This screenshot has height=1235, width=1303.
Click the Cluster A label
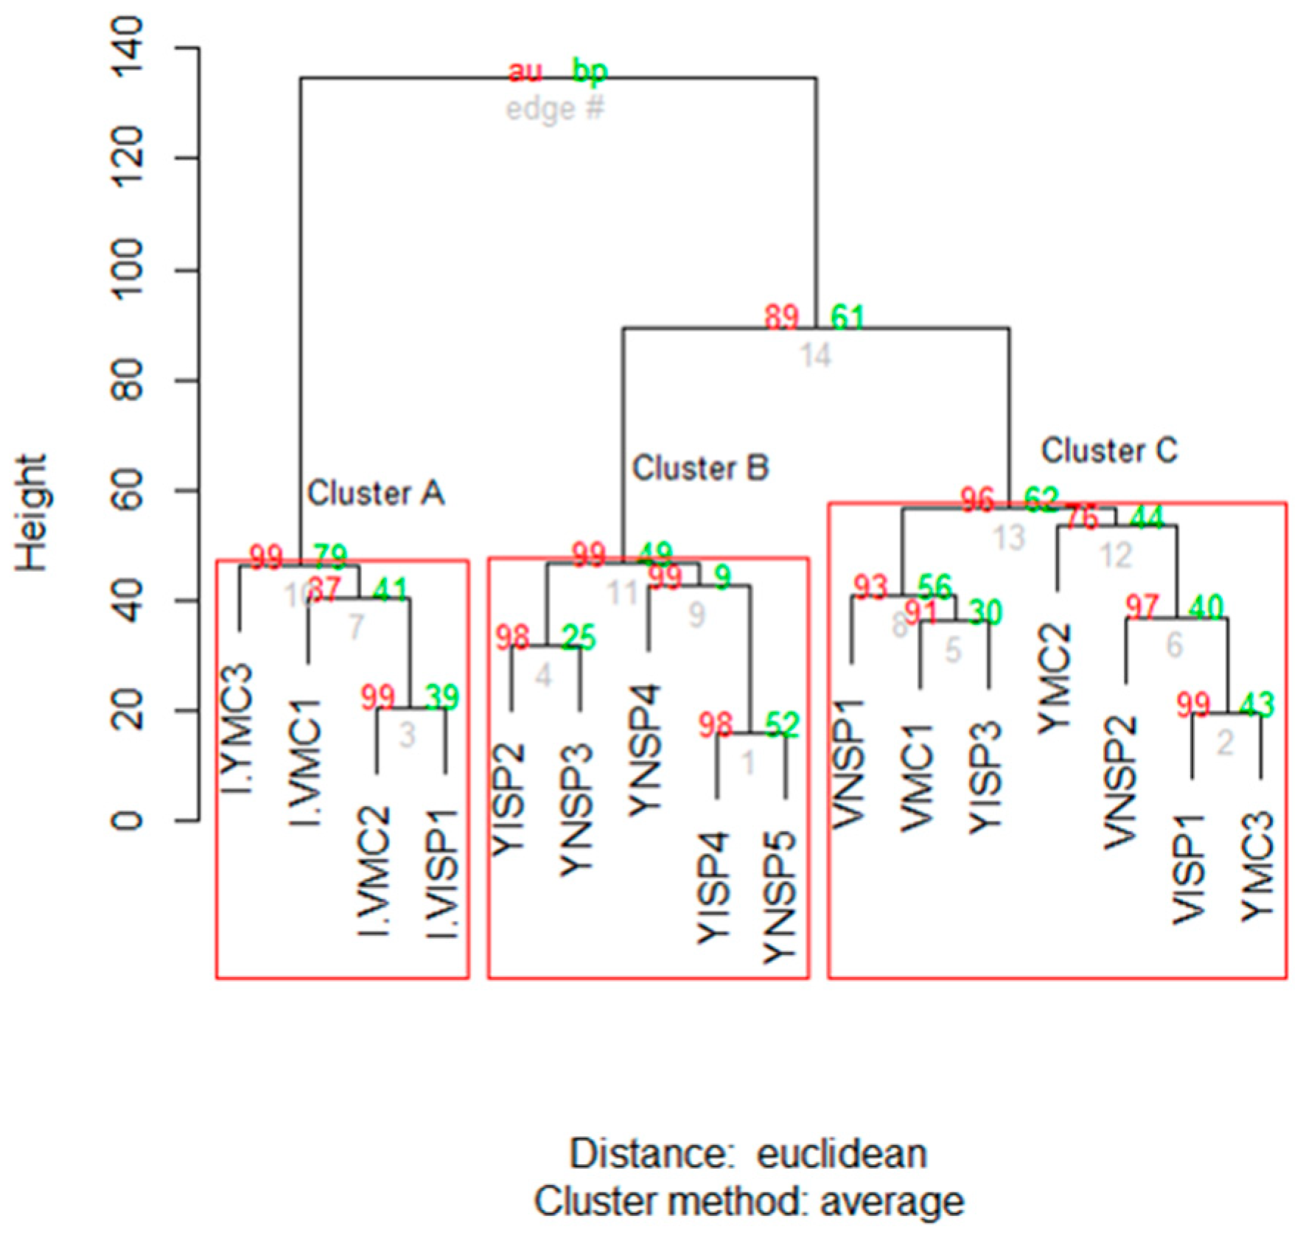[375, 494]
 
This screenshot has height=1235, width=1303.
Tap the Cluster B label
[700, 469]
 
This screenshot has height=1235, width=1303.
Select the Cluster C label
[1108, 451]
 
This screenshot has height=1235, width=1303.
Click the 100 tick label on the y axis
[126, 270]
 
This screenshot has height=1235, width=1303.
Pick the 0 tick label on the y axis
[126, 819]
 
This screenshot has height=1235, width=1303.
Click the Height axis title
[31, 513]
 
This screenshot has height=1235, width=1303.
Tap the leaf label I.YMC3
[237, 730]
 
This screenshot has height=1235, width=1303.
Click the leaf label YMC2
[1055, 679]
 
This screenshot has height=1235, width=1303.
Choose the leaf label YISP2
[508, 800]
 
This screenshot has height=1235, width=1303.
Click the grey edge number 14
[816, 356]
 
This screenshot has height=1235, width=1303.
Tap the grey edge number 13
[1009, 538]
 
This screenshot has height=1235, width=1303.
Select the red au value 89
[781, 317]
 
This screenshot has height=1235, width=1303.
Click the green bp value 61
[848, 317]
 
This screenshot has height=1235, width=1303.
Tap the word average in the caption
[892, 1202]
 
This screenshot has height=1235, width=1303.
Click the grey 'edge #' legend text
[554, 109]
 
